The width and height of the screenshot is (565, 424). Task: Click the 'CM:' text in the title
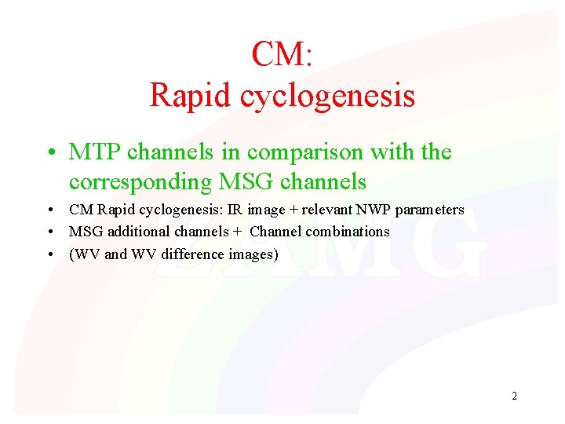pyautogui.click(x=282, y=54)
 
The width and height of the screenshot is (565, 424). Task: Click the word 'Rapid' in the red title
pyautogui.click(x=191, y=95)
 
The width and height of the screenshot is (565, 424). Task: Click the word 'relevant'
pyautogui.click(x=323, y=210)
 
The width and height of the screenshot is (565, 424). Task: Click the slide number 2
pyautogui.click(x=514, y=396)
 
